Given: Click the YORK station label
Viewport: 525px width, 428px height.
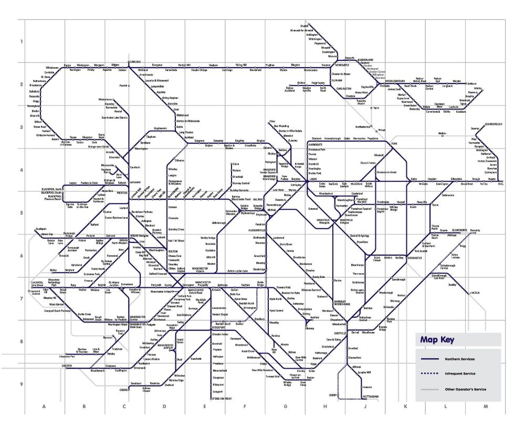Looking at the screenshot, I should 395,143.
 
